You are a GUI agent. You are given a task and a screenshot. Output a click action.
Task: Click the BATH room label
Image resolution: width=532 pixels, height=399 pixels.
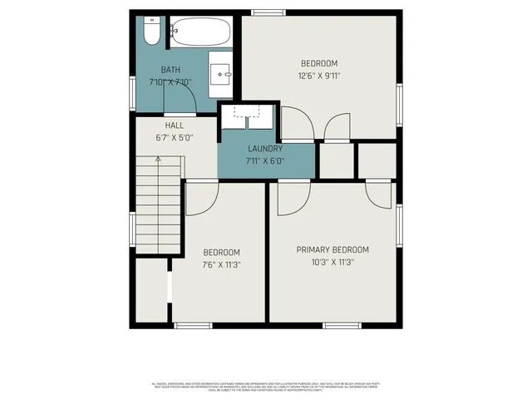(x=170, y=70)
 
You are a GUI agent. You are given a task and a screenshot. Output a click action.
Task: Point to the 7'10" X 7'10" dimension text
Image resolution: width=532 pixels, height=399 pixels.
(x=170, y=82)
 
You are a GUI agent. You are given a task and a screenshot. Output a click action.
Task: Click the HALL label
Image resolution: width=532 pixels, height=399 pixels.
(x=174, y=126)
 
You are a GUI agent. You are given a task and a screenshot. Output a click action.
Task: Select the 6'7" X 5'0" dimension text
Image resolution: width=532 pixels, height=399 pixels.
(x=174, y=138)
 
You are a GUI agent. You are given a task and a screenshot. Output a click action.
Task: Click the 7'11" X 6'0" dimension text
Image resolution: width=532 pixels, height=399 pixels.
(x=266, y=160)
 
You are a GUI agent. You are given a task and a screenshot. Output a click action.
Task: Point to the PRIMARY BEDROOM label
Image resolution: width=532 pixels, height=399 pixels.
(x=332, y=249)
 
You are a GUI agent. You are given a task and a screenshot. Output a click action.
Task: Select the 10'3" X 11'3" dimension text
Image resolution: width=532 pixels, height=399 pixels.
(x=332, y=262)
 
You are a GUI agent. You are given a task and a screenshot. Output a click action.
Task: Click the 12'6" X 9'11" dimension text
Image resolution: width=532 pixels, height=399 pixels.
(x=319, y=76)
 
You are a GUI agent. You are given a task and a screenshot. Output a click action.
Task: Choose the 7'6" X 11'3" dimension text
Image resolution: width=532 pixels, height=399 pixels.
(x=221, y=265)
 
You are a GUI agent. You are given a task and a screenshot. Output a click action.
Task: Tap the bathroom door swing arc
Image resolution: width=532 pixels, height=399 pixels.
(x=184, y=101)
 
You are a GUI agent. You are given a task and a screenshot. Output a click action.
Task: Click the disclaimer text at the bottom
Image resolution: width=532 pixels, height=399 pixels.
(x=266, y=387)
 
